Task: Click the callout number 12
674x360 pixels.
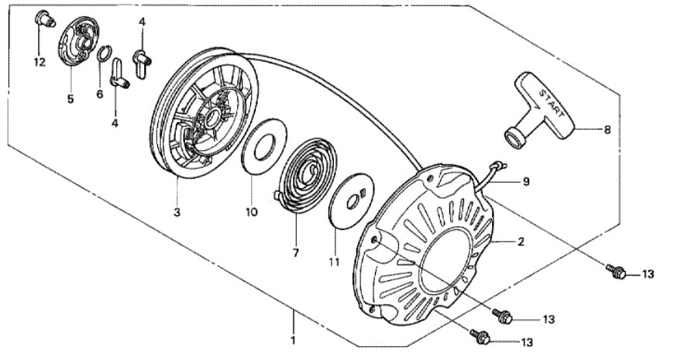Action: click(40, 62)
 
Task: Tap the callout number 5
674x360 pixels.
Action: click(70, 99)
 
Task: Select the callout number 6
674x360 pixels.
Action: click(100, 94)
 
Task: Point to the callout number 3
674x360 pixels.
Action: click(177, 212)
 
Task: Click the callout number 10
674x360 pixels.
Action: click(252, 212)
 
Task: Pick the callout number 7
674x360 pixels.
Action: click(295, 253)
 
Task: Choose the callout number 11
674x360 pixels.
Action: click(335, 262)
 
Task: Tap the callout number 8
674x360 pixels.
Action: click(607, 129)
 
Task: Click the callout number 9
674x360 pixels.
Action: click(526, 182)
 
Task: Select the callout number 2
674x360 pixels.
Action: click(521, 242)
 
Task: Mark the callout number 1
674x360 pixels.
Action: click(293, 341)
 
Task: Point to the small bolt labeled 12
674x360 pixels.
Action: click(44, 19)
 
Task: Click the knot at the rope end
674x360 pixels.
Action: click(499, 165)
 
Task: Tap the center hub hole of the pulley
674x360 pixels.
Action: click(211, 118)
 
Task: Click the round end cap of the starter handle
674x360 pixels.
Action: click(513, 139)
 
